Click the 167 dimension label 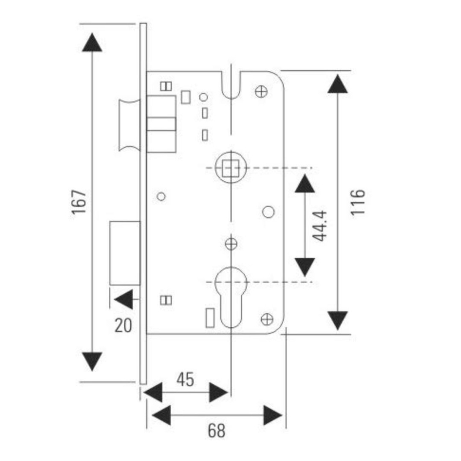(79, 202)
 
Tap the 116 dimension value (358, 202)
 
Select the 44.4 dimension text (320, 225)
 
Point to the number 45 (185, 379)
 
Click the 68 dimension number (217, 430)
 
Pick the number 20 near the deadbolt (123, 326)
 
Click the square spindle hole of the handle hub (230, 168)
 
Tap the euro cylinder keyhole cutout (231, 296)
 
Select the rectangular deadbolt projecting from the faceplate (125, 253)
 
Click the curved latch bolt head (129, 125)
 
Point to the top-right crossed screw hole (261, 92)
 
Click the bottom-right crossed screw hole (267, 319)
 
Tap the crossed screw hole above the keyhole (231, 244)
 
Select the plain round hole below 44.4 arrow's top (269, 212)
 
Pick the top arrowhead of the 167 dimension (92, 42)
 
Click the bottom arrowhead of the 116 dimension (338, 320)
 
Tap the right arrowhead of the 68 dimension (273, 415)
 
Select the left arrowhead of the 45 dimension (153, 392)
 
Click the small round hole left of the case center (161, 197)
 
